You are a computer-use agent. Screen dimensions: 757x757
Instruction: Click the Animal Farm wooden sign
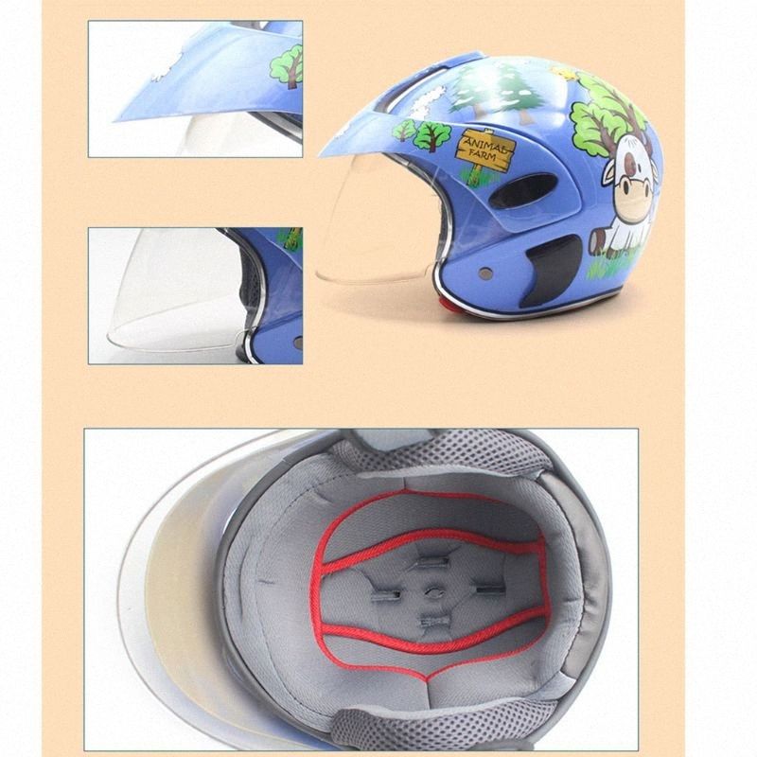coord(485,148)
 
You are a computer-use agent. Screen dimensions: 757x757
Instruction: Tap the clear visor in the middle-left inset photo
coord(170,293)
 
